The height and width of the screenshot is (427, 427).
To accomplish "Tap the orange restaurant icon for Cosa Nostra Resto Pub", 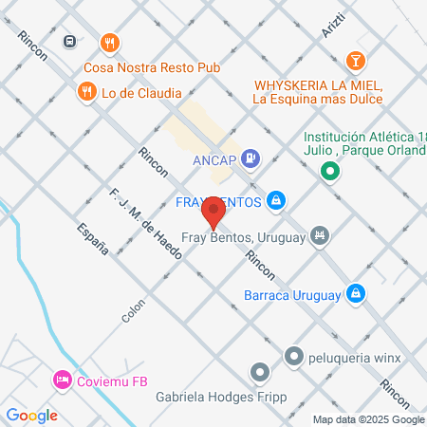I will (111, 43).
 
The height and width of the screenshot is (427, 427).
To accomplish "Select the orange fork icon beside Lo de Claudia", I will (86, 91).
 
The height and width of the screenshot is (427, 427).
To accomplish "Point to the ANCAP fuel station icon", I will (251, 158).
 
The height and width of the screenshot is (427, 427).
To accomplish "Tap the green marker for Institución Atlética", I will (330, 171).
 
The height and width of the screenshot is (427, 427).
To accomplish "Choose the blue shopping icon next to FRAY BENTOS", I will (276, 200).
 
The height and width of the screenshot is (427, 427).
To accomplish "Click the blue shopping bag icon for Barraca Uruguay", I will (356, 293).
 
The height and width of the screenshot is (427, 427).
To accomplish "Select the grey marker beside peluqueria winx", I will (293, 357).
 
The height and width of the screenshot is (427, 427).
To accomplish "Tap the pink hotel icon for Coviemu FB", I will (62, 379).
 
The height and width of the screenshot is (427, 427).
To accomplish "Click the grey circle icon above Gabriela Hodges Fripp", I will (258, 371).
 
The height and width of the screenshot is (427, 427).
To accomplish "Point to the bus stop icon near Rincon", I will (70, 42).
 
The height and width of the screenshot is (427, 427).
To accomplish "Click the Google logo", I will (31, 415).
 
